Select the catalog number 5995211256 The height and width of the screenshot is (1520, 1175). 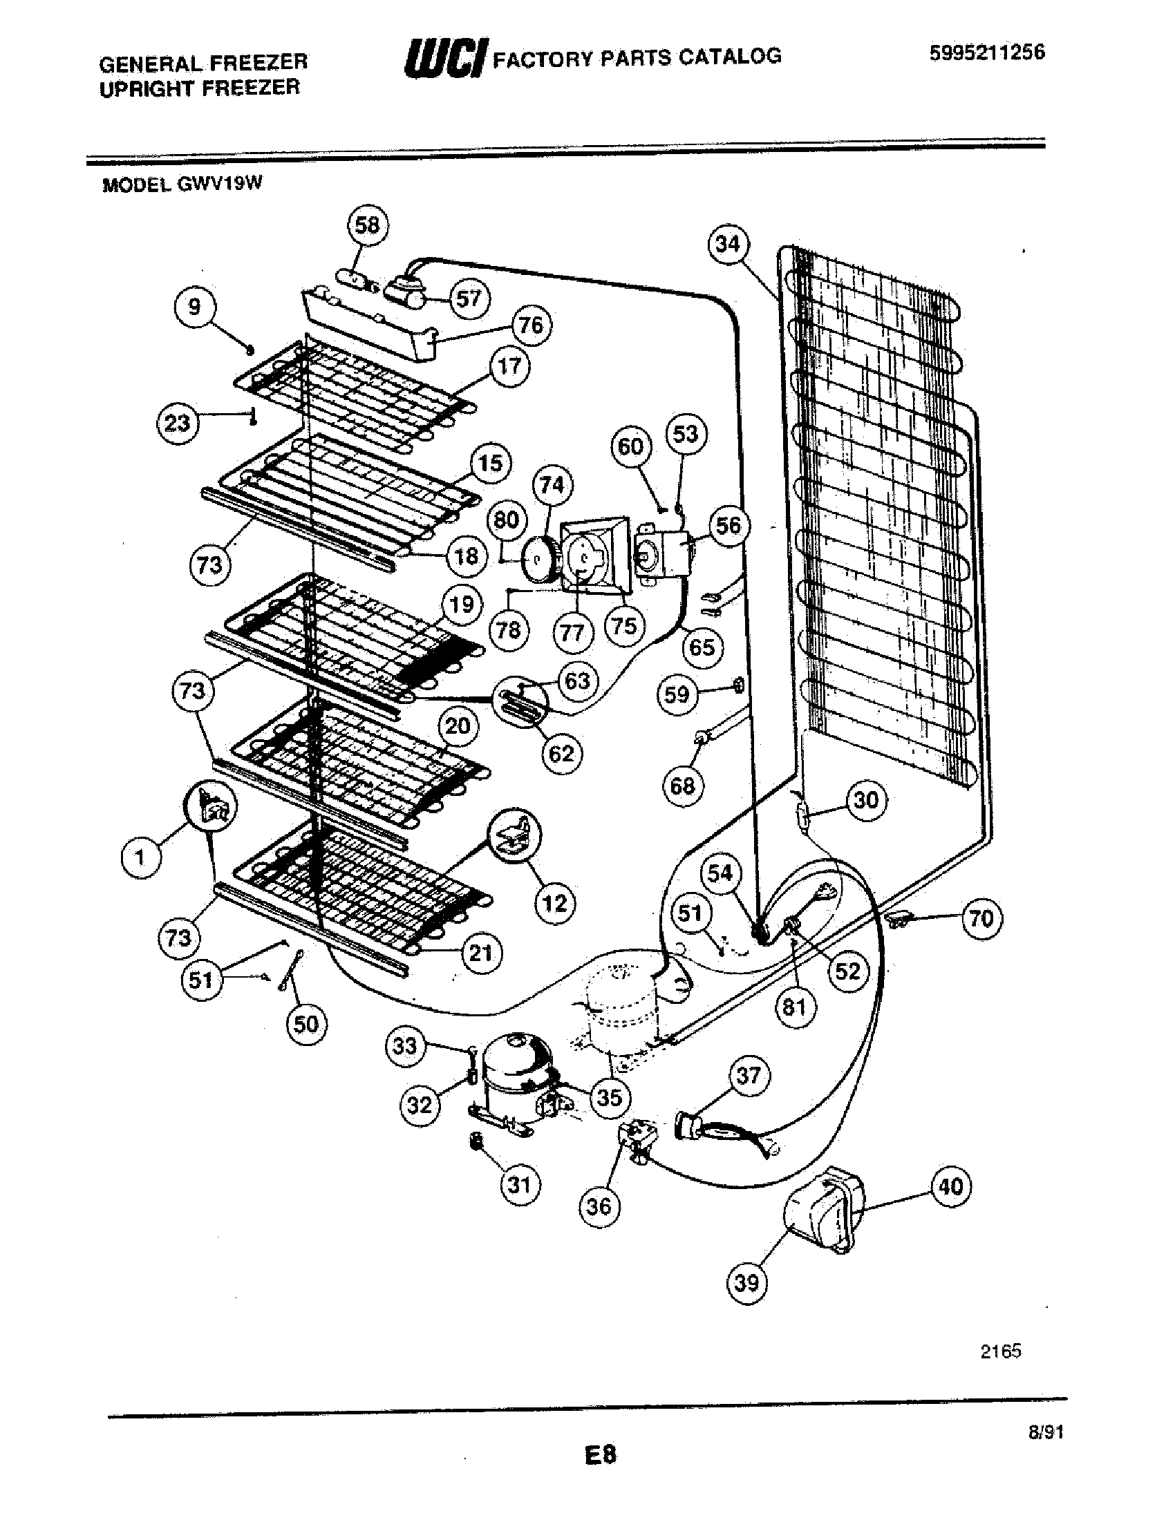tap(986, 53)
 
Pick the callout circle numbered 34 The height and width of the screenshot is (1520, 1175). tap(728, 245)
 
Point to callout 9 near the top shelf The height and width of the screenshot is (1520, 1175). tap(195, 307)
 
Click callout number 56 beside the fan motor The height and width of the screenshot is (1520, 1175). tap(728, 526)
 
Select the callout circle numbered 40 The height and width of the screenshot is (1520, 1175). tap(951, 1186)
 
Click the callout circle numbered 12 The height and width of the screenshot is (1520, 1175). tap(555, 904)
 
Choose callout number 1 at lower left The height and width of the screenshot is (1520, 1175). tap(141, 857)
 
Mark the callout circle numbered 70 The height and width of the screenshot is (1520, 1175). tap(981, 919)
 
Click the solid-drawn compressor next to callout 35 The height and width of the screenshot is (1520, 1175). tap(518, 1077)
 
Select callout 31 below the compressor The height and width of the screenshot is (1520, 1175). tap(519, 1184)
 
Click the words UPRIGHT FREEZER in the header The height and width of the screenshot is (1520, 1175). tap(200, 88)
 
